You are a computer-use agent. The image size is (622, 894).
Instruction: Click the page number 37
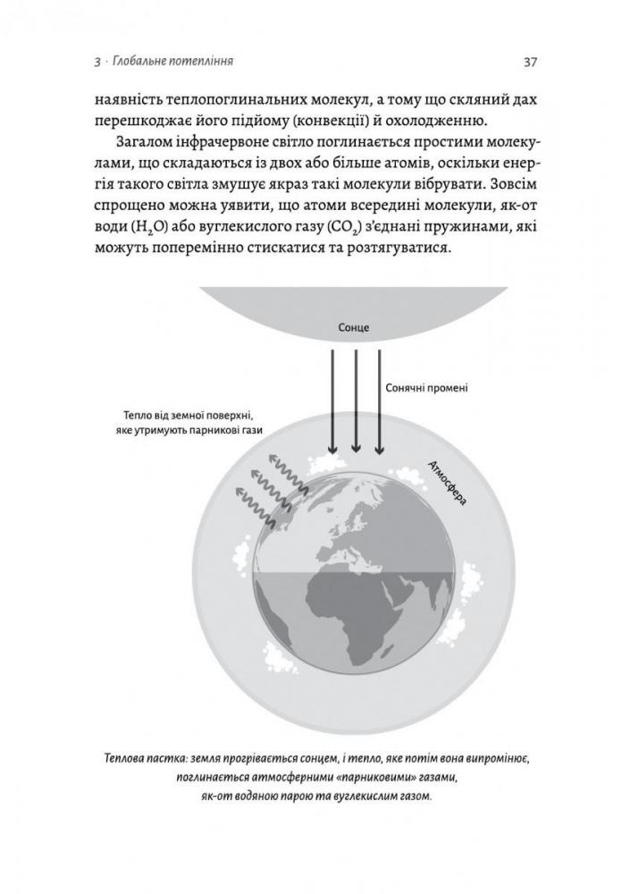[529, 62]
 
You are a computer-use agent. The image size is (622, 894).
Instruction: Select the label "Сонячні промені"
[426, 390]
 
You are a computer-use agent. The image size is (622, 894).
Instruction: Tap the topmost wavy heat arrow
[289, 466]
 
